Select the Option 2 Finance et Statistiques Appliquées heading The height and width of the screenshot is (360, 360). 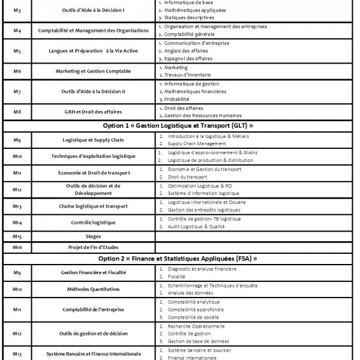point(178,259)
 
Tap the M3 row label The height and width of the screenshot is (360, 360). point(17,10)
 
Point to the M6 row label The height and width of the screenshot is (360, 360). point(17,71)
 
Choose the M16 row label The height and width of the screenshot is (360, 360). point(17,247)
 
